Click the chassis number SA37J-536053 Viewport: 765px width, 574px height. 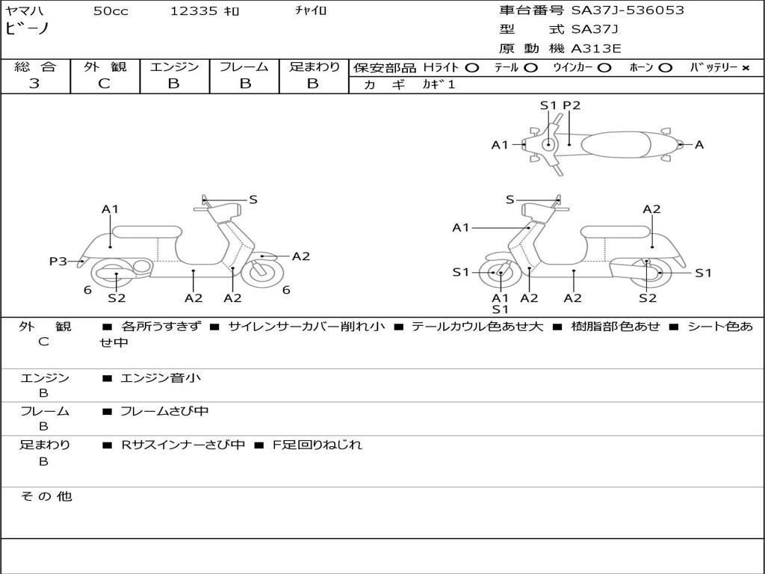coord(628,10)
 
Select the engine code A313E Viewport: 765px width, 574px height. coord(595,49)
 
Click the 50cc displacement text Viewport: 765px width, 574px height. coord(111,10)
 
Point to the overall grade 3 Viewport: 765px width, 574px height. coord(34,84)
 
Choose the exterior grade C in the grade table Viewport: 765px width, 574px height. coord(104,84)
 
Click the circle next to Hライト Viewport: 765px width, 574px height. coord(472,68)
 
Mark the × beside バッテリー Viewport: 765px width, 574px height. coord(745,68)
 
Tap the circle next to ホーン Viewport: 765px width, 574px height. coord(665,68)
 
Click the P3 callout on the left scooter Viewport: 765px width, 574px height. coord(58,261)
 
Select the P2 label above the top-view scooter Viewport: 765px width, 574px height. coord(572,105)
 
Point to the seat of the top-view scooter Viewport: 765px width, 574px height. coord(616,144)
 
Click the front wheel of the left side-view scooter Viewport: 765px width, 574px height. coord(262,272)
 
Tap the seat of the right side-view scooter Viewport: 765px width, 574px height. coord(616,232)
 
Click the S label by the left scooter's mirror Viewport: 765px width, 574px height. coord(253,200)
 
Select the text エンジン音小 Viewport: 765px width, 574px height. coord(160,377)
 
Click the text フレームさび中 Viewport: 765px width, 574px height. coord(164,412)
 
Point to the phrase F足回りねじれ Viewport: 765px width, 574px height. coord(317,445)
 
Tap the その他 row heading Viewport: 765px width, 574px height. coord(46,496)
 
